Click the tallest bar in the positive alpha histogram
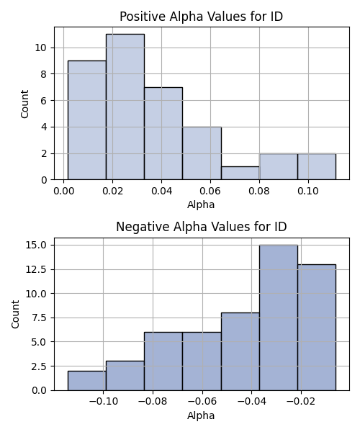click(x=125, y=107)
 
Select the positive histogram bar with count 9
click(x=87, y=120)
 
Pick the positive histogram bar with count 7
click(x=163, y=134)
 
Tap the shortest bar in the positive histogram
click(x=240, y=173)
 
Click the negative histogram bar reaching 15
click(x=279, y=318)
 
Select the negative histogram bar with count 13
click(x=317, y=328)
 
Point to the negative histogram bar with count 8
click(x=240, y=351)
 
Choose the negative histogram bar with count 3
click(x=125, y=376)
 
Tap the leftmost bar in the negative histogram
click(x=87, y=381)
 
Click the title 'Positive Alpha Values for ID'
click(x=202, y=17)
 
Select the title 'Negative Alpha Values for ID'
click(x=202, y=227)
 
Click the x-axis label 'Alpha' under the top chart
click(x=201, y=204)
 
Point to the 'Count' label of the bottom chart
click(x=15, y=314)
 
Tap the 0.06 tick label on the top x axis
click(x=211, y=191)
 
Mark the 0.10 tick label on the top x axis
click(x=308, y=191)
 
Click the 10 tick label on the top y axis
click(x=40, y=48)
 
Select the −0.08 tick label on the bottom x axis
click(x=153, y=402)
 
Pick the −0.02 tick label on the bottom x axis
click(x=301, y=402)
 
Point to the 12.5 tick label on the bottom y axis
click(x=36, y=269)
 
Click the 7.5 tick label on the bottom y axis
click(x=39, y=318)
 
